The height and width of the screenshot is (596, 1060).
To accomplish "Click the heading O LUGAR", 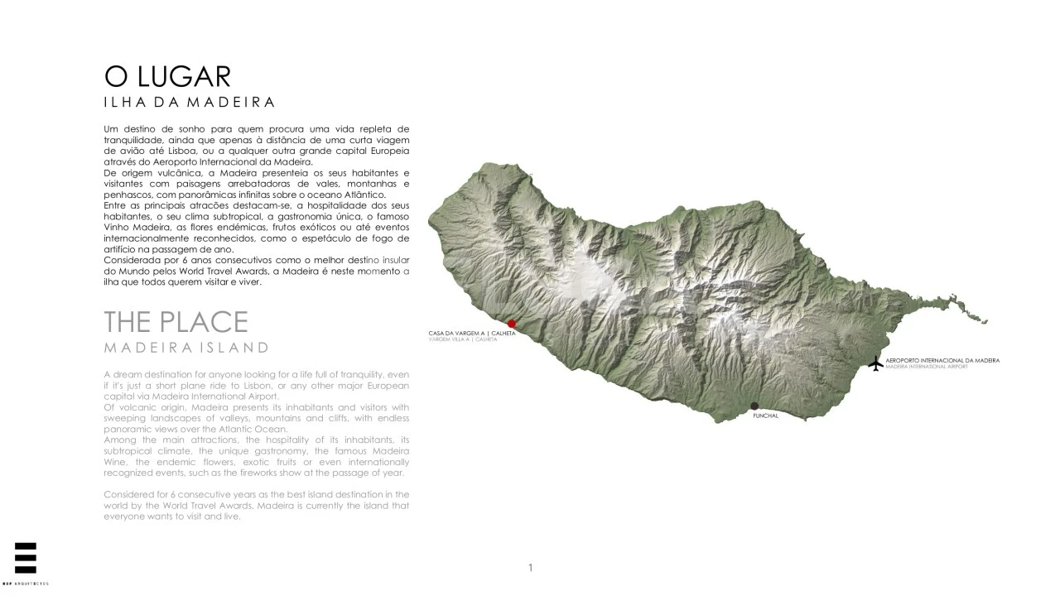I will (167, 76).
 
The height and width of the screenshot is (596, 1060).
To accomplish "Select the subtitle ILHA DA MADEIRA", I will (189, 103).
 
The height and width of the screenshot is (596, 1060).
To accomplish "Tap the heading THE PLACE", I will (176, 322).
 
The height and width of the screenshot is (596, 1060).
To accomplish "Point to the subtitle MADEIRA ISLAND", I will (186, 348).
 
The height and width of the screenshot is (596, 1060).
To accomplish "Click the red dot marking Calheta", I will (512, 324).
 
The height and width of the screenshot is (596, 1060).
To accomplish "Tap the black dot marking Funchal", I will (754, 406).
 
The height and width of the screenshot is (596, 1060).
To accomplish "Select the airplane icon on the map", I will (876, 363).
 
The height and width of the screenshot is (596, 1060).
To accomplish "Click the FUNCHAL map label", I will (765, 416).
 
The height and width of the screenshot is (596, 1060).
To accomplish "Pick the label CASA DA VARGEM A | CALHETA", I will (471, 334).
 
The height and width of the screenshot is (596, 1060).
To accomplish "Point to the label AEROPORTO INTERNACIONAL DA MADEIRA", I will (942, 361).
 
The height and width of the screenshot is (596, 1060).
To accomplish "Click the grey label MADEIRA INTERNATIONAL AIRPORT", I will (926, 367).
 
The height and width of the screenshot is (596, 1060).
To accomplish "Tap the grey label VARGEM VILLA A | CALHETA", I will (463, 339).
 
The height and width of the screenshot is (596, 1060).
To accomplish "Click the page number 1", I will (530, 568).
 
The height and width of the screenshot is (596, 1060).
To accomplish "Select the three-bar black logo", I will (26, 558).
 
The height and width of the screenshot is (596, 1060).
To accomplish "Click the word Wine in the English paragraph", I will (117, 462).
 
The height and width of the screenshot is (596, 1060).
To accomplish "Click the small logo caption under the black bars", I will (26, 584).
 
